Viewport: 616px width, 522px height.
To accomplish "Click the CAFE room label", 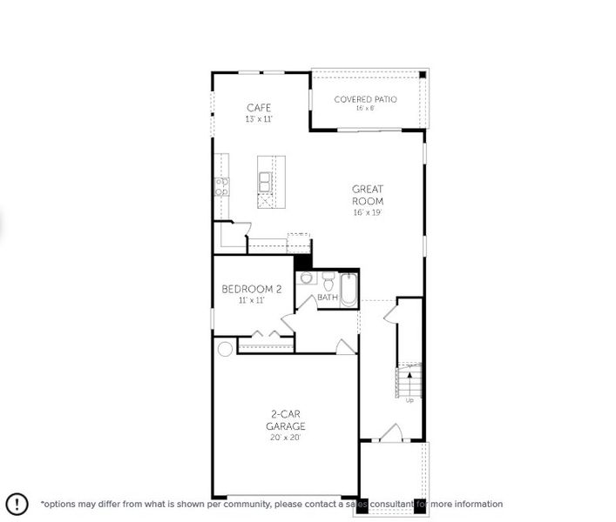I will coord(259,108).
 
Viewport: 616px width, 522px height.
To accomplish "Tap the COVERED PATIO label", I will coord(366,99).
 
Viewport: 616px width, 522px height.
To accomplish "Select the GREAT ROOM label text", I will coord(368,195).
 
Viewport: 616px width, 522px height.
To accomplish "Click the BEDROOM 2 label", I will coord(251,289).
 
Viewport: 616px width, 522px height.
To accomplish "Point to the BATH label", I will coord(327,298).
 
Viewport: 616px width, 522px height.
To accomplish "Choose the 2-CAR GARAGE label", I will coord(286,421).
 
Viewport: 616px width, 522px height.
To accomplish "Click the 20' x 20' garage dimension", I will coord(286,438).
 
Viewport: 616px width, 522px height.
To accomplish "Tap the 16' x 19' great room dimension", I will coord(368,212).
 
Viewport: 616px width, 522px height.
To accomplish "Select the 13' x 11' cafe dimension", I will coord(259,119).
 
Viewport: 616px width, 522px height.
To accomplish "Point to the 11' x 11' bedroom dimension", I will coord(251,300).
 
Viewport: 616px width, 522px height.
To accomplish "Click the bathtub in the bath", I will coord(349,289).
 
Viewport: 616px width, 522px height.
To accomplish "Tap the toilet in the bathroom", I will coord(328,280).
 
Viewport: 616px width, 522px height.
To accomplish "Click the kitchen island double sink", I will coord(265,181).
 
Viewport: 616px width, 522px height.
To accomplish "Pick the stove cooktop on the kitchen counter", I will coord(221,185).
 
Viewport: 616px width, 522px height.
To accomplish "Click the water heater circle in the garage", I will coord(225,349).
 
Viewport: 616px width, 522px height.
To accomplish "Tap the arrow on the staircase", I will coord(410,378).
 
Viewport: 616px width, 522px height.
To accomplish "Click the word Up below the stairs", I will coord(410,400).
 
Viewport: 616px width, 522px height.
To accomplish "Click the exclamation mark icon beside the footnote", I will coord(17,504).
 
